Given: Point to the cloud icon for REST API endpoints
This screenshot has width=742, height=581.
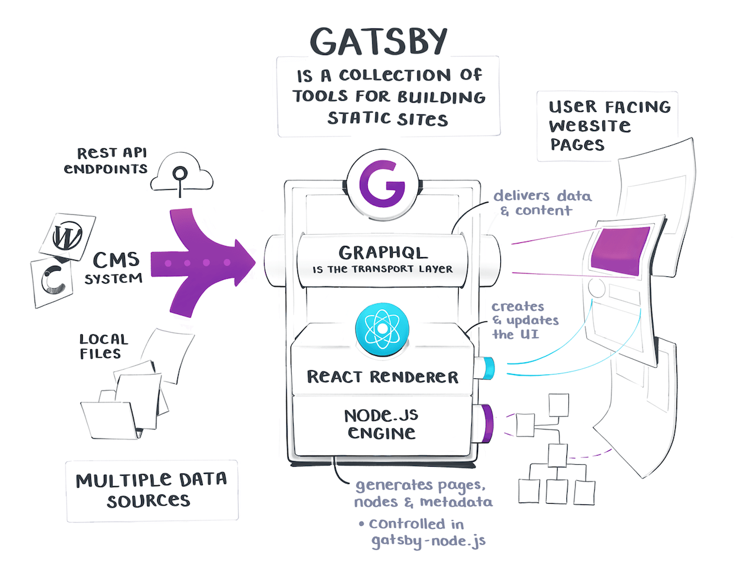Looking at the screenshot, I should (x=182, y=175).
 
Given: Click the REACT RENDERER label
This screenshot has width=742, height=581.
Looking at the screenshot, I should (x=383, y=376).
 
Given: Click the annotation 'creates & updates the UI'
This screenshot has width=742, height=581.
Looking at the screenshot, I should (x=526, y=320).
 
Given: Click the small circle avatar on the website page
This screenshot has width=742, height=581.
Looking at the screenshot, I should (x=597, y=288).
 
